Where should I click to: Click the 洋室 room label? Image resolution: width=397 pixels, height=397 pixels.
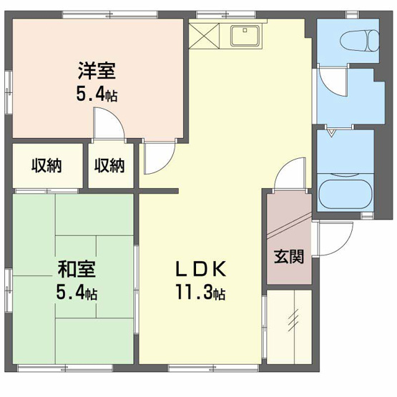click(97, 71)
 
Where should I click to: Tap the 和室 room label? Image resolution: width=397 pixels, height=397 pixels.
click(77, 269)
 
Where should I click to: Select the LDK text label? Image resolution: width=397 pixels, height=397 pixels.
click(201, 269)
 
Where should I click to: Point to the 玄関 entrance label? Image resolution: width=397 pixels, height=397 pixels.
click(289, 257)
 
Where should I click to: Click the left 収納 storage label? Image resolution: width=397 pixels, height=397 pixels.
click(46, 166)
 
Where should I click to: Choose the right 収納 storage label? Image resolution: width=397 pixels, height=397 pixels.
click(109, 166)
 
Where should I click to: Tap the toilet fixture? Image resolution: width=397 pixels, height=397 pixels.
click(360, 41)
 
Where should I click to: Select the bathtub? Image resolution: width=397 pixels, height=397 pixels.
click(345, 193)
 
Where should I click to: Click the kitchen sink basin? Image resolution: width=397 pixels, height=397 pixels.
click(245, 36)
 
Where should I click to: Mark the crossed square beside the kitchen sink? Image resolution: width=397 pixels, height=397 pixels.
click(204, 36)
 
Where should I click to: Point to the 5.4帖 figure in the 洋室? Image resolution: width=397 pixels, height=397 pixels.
click(97, 94)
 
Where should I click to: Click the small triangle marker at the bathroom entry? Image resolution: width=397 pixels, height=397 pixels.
click(332, 132)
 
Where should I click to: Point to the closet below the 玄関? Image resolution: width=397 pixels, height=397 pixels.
click(290, 327)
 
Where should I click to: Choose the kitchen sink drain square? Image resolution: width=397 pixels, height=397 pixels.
click(245, 31)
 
